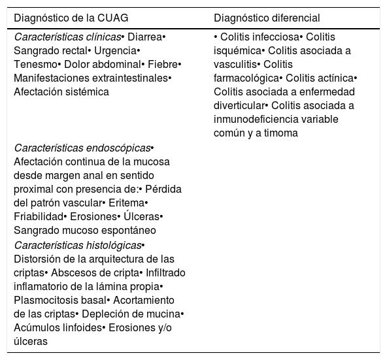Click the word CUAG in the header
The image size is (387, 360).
pyautogui.click(x=113, y=18)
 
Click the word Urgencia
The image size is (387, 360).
pyautogui.click(x=115, y=51)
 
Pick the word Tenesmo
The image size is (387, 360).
pyautogui.click(x=35, y=65)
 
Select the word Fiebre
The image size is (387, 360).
pyautogui.click(x=163, y=65)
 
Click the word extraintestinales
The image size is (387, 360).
pyautogui.click(x=130, y=78)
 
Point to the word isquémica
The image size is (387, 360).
pyautogui.click(x=237, y=51)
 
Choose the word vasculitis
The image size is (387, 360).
pyautogui.click(x=235, y=65)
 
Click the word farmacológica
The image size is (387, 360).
pyautogui.click(x=246, y=78)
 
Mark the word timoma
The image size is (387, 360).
pyautogui.click(x=281, y=133)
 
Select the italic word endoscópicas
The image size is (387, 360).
pyautogui.click(x=118, y=148)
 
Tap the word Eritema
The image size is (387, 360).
pyautogui.click(x=126, y=203)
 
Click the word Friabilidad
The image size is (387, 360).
pyautogui.click(x=39, y=217)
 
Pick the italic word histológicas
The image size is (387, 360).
pyautogui.click(x=114, y=246)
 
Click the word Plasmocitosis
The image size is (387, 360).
pyautogui.click(x=60, y=301)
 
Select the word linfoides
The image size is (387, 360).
pyautogui.click(x=82, y=328)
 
